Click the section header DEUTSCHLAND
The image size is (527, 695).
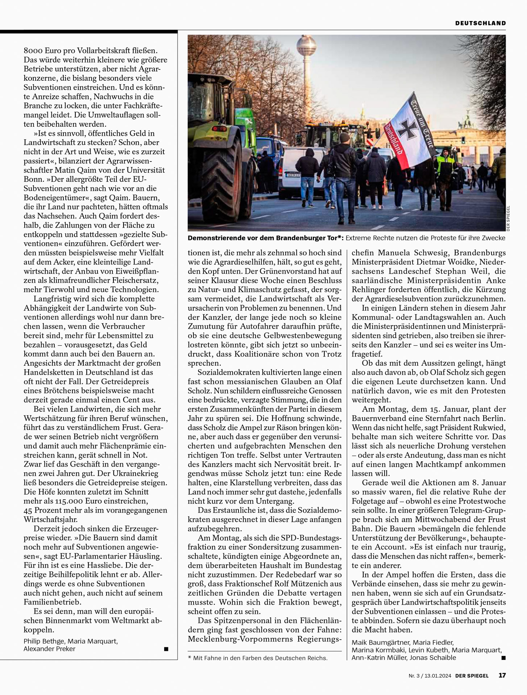(480, 23)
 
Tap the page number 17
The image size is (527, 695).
(502, 675)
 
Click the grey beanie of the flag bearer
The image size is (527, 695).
(345, 137)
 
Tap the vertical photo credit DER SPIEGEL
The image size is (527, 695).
(508, 218)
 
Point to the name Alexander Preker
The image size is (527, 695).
(49, 649)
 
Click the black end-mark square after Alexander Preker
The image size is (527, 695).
(166, 649)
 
